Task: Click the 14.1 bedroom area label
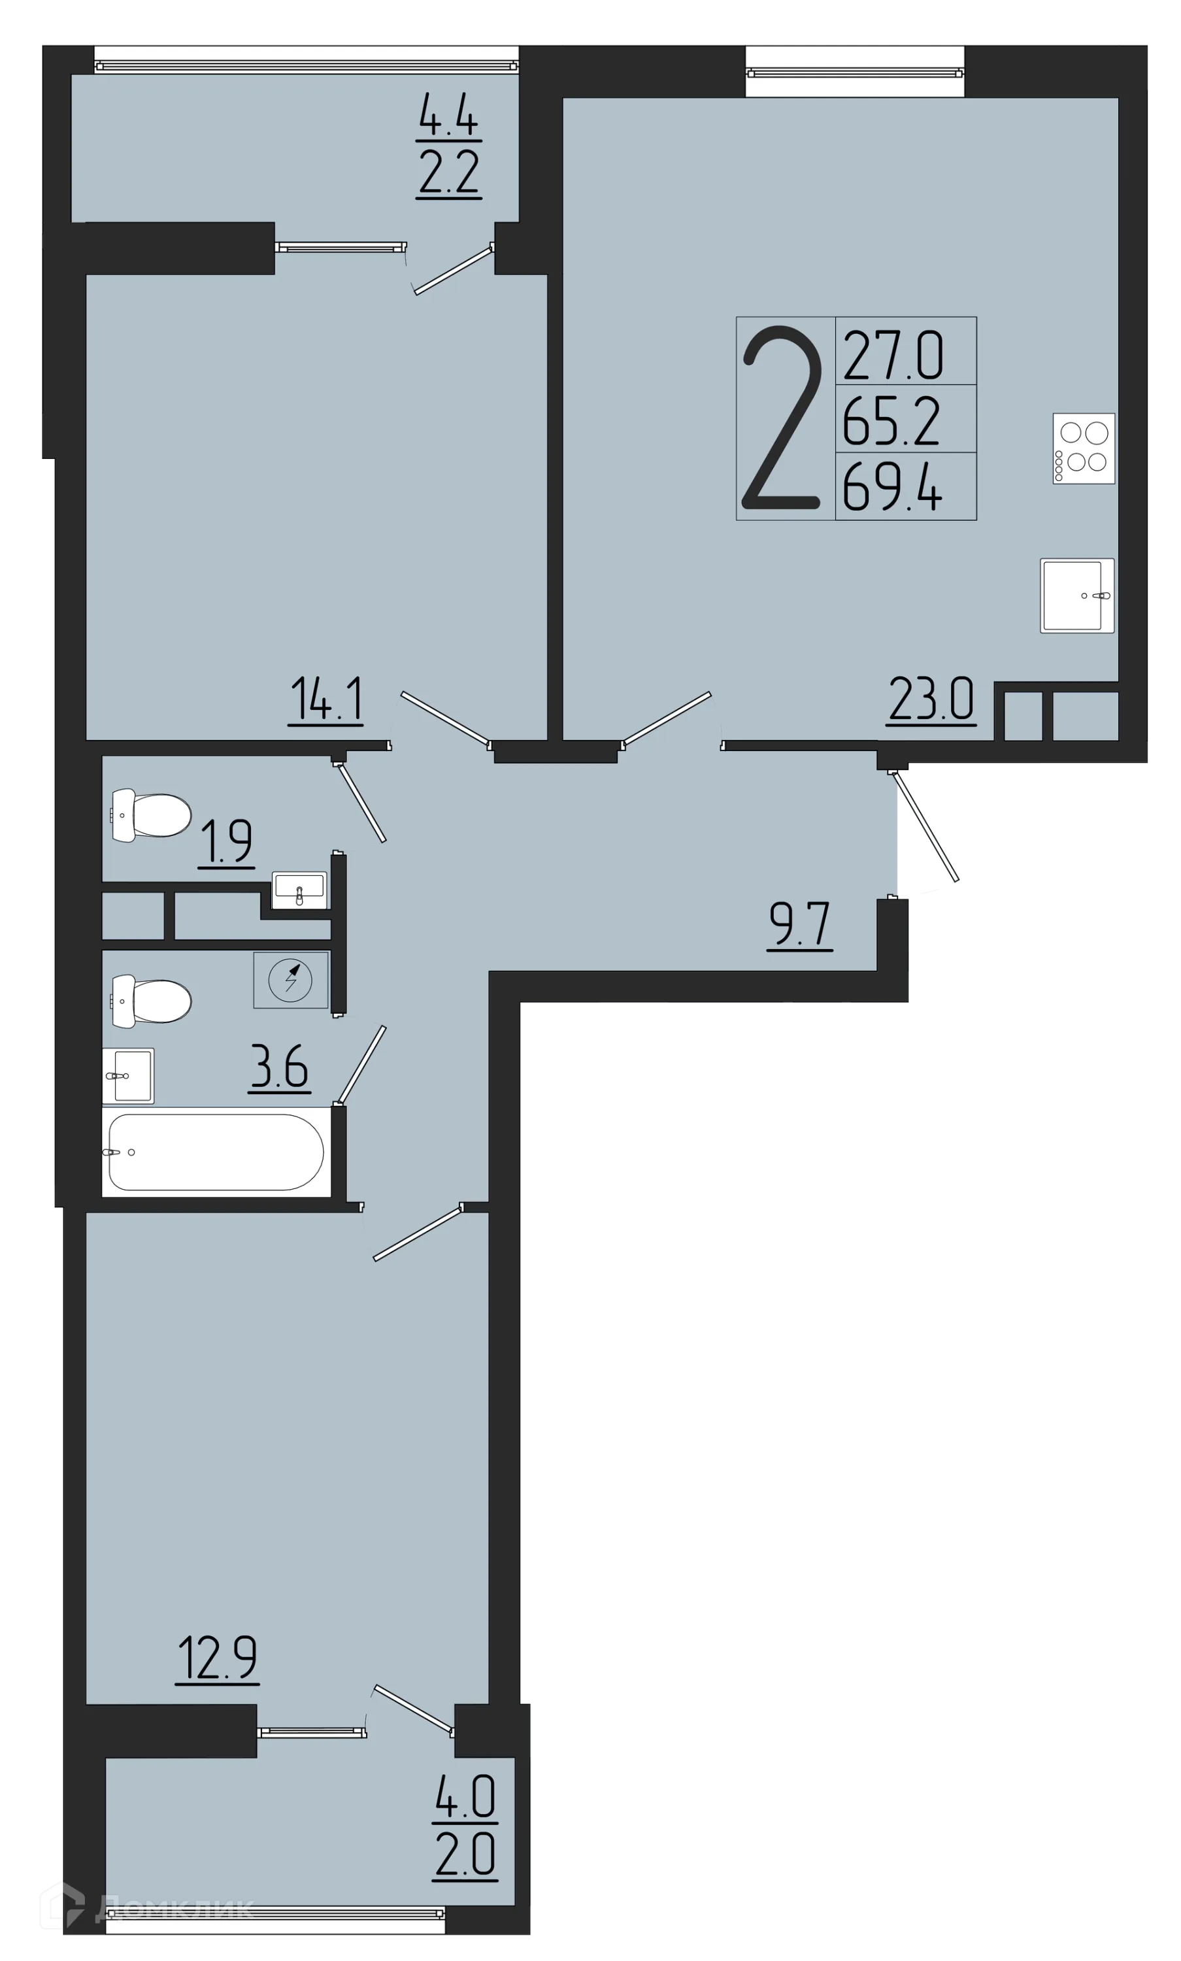click(x=326, y=699)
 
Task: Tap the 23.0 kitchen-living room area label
click(x=930, y=699)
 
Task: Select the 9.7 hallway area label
click(x=800, y=925)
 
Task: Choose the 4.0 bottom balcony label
click(x=465, y=1796)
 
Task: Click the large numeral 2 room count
click(x=782, y=418)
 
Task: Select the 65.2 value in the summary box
click(x=892, y=421)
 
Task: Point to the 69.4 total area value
click(x=893, y=488)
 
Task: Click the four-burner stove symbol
click(x=1083, y=448)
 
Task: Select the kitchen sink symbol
click(x=1076, y=595)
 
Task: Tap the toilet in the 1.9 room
click(x=151, y=815)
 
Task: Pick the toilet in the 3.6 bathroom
click(x=151, y=1000)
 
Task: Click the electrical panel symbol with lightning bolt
click(x=290, y=980)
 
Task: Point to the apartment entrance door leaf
click(x=929, y=827)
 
